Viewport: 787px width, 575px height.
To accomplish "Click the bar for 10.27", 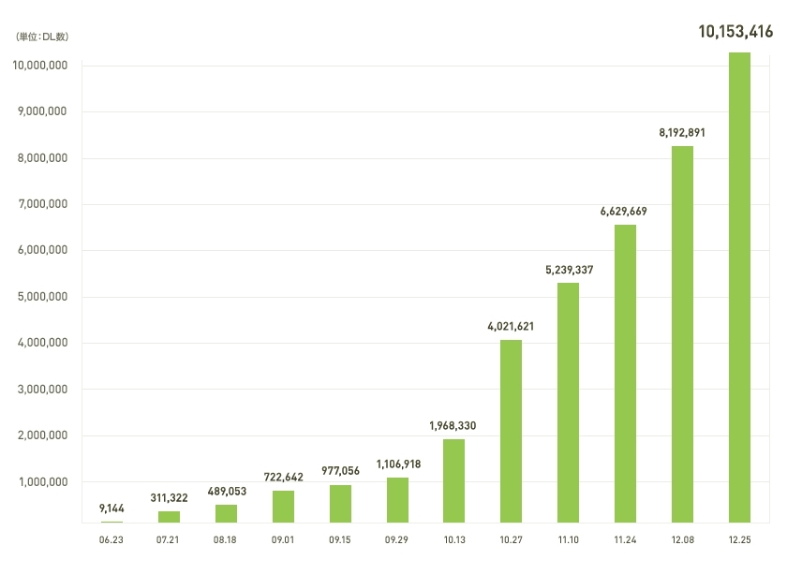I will pos(511,431).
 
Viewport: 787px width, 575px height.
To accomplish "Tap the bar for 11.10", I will pos(568,403).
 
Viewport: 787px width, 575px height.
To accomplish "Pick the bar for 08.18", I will pos(226,513).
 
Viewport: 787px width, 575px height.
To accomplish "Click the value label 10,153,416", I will pos(735,32).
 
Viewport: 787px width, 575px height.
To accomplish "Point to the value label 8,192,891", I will pos(682,132).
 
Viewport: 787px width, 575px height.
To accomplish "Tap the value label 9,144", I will pos(112,509).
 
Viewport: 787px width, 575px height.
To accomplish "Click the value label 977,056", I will pos(340,471).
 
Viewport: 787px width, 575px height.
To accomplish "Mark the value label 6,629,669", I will pos(624,211).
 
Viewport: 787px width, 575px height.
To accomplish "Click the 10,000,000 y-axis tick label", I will pos(38,66).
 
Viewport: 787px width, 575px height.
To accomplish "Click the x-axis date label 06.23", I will pos(111,540).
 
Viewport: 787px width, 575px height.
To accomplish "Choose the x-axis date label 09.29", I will pos(397,540).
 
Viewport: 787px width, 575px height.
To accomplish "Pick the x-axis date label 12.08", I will pos(682,540).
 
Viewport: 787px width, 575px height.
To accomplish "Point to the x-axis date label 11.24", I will pos(625,540).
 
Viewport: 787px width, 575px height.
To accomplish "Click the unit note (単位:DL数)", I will pos(42,37).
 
